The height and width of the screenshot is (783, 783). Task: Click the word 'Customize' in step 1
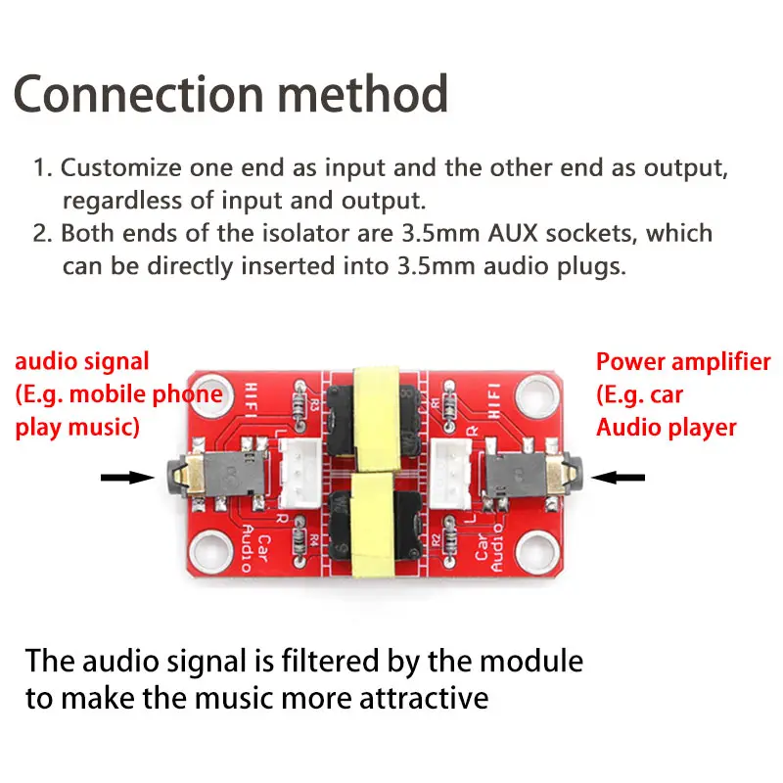(122, 167)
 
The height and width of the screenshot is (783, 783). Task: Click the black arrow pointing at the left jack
(127, 478)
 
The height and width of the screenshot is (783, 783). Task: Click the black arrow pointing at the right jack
(621, 478)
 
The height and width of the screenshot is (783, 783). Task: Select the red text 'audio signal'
(82, 362)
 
